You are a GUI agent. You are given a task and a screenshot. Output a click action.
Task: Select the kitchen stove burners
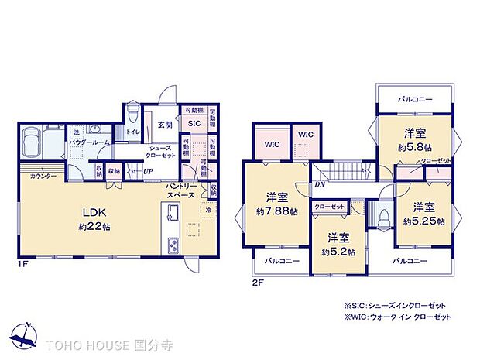coord(172,247)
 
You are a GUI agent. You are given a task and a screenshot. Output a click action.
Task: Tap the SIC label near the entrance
coord(193,122)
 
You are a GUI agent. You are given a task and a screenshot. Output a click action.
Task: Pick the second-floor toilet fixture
coord(382,216)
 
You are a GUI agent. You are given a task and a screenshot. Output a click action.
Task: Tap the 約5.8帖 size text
coord(415,146)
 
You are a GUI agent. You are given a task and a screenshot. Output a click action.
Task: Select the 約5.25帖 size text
coord(423,221)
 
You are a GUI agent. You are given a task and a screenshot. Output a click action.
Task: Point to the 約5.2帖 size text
coord(339,252)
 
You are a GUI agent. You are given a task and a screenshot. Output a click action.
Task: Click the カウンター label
coord(43,177)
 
